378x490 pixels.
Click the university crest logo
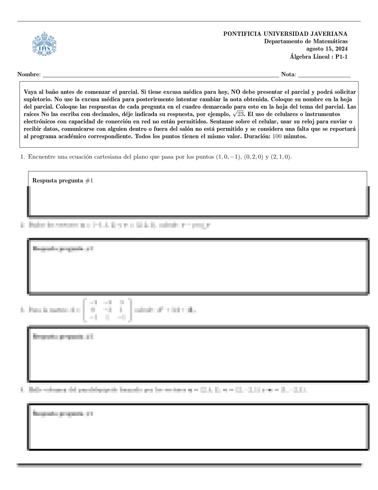(44, 44)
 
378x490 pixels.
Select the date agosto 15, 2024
(327, 49)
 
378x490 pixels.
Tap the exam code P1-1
(341, 57)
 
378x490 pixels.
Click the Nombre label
(28, 74)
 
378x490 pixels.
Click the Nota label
(288, 74)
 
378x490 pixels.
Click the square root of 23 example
(238, 114)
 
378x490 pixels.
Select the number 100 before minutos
(277, 136)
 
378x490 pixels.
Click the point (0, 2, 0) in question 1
(254, 157)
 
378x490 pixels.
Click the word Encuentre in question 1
(40, 157)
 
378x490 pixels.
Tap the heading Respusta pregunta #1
(63, 181)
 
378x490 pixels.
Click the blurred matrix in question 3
(107, 310)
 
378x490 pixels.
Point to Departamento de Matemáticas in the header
(306, 41)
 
